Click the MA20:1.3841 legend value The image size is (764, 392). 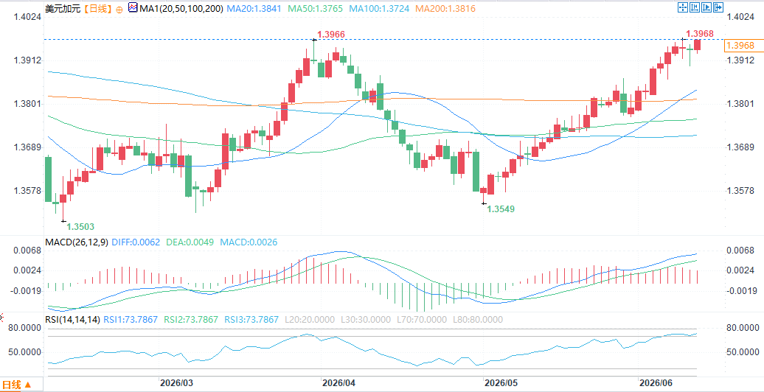(x=255, y=8)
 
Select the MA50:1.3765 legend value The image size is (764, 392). (x=314, y=8)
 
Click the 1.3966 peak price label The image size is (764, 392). (x=331, y=35)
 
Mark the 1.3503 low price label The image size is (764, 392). (x=80, y=226)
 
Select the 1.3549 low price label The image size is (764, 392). (x=501, y=209)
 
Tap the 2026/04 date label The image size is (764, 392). (x=338, y=382)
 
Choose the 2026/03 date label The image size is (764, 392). (x=176, y=382)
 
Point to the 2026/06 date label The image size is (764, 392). (x=656, y=382)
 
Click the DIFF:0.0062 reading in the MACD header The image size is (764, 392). (x=136, y=242)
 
